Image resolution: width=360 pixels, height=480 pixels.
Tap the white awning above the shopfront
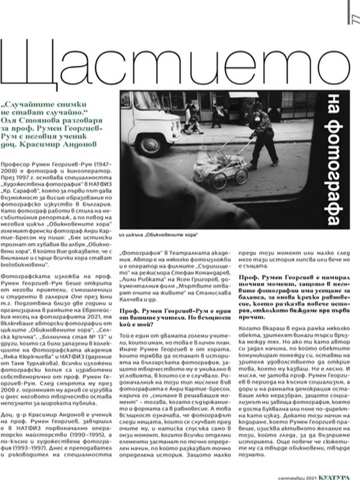[x=242, y=95]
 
